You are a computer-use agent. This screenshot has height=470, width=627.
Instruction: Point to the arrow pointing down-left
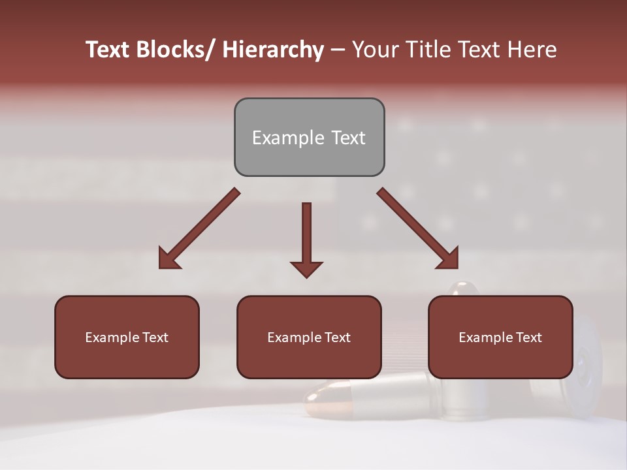199,228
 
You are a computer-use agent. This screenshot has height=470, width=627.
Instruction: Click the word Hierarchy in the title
273,50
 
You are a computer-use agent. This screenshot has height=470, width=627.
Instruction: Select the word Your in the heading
375,50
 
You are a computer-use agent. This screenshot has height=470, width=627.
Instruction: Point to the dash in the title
338,50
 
